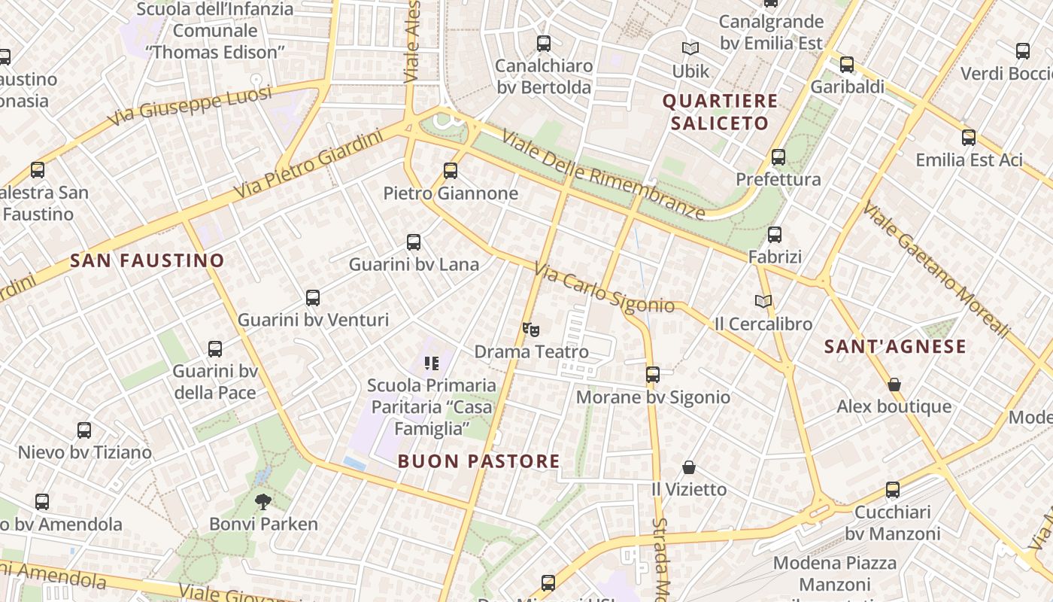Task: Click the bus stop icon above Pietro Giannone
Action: [451, 171]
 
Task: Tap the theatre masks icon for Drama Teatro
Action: [531, 329]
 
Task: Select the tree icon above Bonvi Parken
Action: [263, 501]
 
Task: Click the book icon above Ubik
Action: [690, 49]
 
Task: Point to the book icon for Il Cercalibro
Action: [763, 301]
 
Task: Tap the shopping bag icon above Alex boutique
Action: [894, 385]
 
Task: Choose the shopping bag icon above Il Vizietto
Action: [689, 467]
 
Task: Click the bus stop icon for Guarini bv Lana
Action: [414, 242]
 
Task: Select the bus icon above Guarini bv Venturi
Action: [313, 298]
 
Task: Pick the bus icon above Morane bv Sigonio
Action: [653, 375]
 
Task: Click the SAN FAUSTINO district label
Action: [147, 261]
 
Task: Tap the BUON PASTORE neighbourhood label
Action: [479, 461]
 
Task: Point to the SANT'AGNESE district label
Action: [895, 346]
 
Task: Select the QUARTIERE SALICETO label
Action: [720, 112]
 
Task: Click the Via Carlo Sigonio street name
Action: [604, 288]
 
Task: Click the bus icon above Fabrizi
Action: [775, 235]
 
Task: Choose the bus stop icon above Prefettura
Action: [778, 157]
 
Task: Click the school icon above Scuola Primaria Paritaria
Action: [431, 363]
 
